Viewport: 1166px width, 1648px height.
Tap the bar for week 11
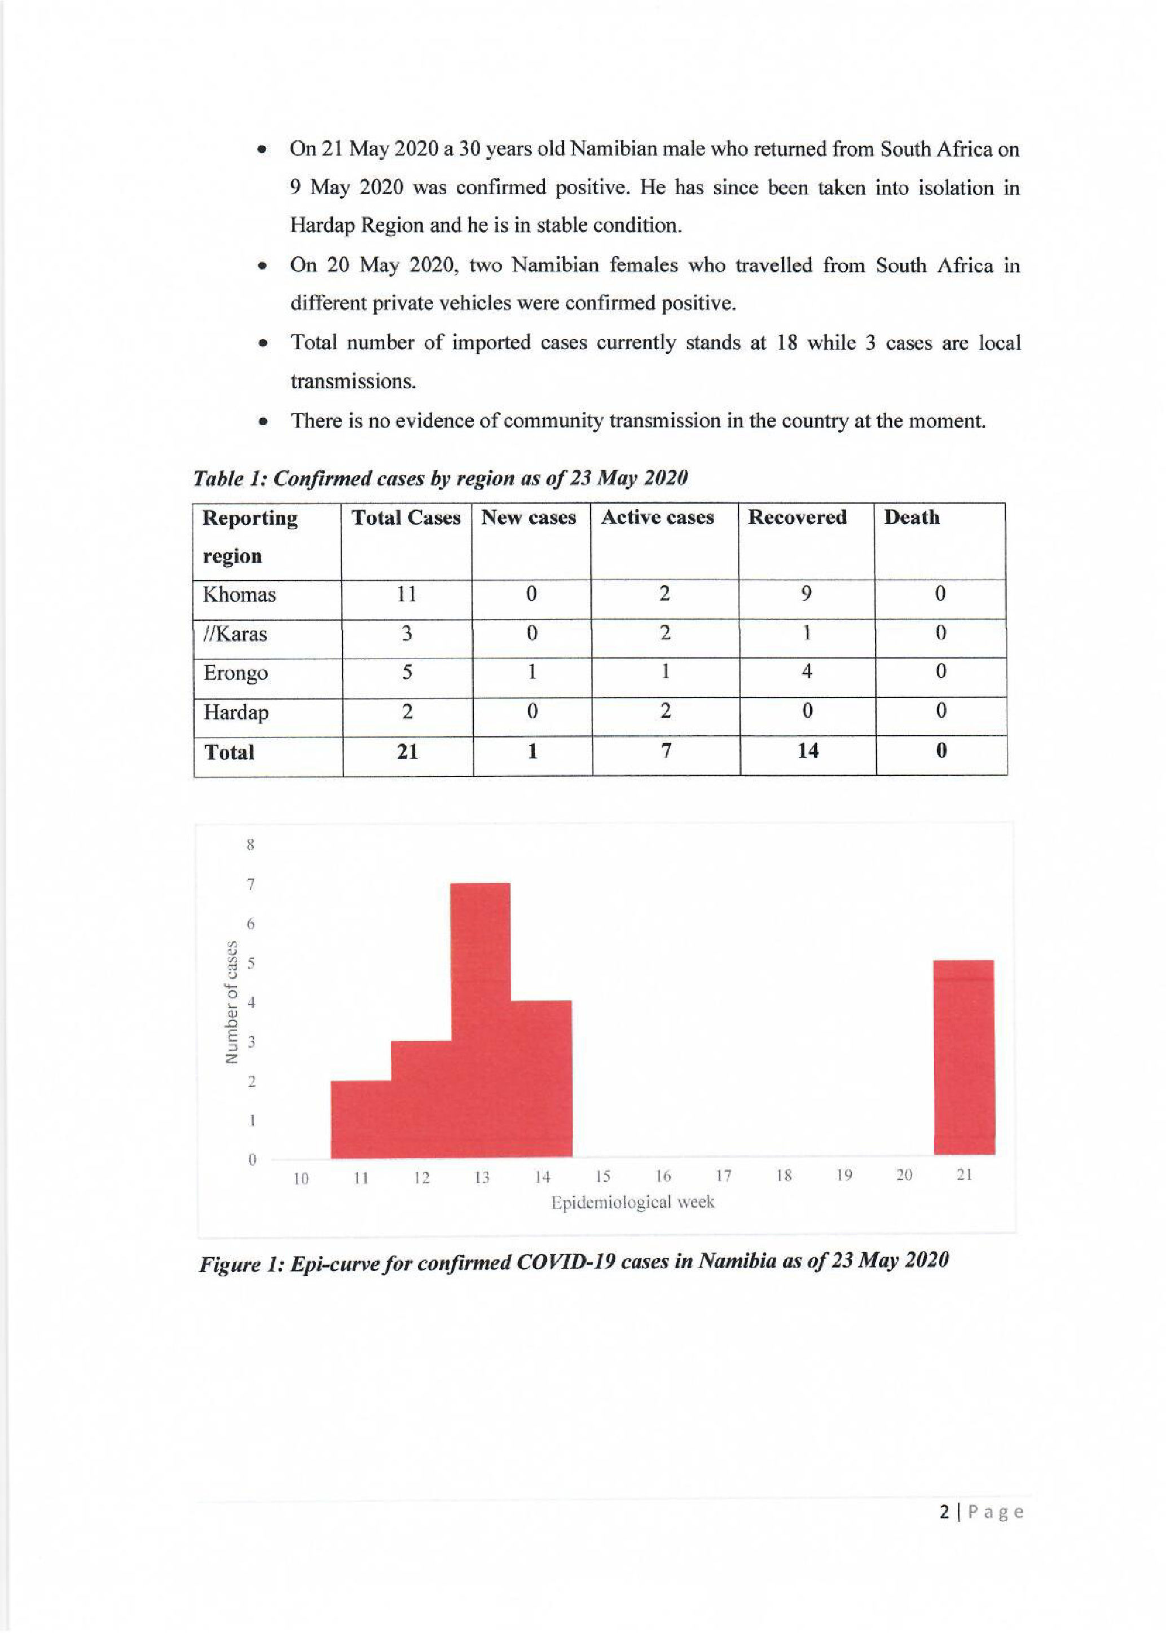click(x=360, y=1119)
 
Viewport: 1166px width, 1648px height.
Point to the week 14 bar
click(x=542, y=1078)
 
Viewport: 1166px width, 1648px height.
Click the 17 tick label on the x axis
click(x=724, y=1176)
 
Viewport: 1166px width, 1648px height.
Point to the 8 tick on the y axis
click(x=250, y=845)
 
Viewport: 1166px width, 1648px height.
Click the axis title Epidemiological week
click(x=632, y=1202)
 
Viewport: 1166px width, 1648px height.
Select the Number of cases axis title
click(x=231, y=1002)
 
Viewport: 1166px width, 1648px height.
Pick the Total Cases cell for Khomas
click(x=406, y=594)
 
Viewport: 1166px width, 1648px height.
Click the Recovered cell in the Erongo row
click(x=807, y=672)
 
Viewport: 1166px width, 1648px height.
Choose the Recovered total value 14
click(x=808, y=751)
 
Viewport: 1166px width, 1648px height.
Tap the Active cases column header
click(x=658, y=518)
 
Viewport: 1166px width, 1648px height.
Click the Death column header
click(x=912, y=518)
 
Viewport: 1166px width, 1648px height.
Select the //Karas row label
click(x=235, y=634)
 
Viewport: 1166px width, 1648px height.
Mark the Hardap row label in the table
click(x=235, y=712)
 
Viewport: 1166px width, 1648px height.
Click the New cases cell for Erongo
click(x=531, y=672)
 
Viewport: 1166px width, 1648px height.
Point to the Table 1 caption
click(x=440, y=478)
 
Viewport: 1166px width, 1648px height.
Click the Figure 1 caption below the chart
click(x=574, y=1262)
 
